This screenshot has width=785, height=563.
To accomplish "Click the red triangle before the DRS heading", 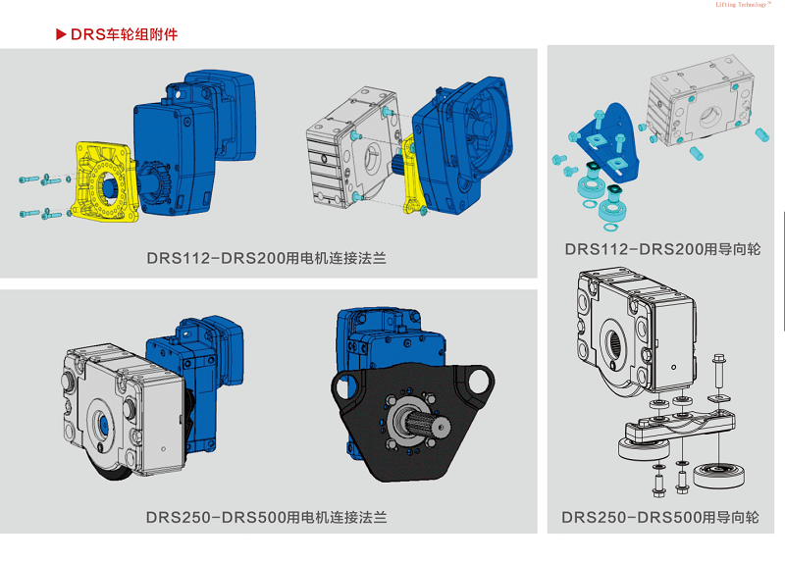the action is point(61,34).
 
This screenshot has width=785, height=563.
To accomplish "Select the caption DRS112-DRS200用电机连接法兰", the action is point(266,258).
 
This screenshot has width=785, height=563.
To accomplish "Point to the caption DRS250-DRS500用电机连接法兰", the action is point(266,518).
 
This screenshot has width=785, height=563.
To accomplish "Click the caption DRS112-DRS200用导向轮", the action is point(662,249).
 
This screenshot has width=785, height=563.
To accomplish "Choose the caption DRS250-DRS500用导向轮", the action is point(659,518).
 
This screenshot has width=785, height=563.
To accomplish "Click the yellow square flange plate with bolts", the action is point(104,181).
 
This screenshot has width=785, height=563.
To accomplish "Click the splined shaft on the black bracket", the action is point(427,424).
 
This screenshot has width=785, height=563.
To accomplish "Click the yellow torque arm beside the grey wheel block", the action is point(412,174).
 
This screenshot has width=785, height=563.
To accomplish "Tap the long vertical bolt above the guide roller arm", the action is point(718,373).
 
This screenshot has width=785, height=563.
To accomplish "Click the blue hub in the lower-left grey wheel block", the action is point(104,425).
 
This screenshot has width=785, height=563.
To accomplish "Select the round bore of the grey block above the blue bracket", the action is point(707,117).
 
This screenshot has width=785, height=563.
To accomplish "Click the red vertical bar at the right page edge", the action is point(783,271).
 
